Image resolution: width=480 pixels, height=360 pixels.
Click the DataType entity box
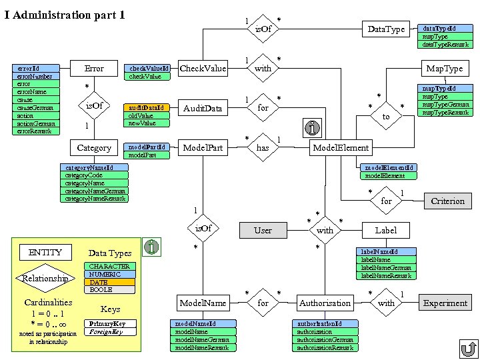[386, 29]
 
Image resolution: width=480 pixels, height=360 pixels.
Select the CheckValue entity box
[203, 68]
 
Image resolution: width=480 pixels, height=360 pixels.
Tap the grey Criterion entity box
[448, 201]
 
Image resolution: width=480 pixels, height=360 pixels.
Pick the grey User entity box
[263, 230]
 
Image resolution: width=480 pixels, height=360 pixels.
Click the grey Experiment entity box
[445, 303]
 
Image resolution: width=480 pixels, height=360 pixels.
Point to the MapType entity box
[445, 68]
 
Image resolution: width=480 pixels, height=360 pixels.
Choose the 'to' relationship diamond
[386, 116]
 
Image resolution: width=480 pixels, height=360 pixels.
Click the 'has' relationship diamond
[263, 147]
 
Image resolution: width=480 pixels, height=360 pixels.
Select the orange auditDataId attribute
[146, 108]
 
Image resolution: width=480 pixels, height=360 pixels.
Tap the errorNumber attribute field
[36, 76]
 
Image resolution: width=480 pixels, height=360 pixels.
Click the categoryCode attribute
[94, 175]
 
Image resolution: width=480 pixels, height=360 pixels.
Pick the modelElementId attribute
[389, 168]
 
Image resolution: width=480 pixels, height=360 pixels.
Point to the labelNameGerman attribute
[386, 267]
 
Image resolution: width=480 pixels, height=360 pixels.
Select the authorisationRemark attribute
[325, 348]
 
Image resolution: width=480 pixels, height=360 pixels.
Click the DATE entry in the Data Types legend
[109, 282]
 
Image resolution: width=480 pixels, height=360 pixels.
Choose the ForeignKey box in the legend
[110, 332]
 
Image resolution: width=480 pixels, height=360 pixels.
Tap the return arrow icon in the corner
[469, 349]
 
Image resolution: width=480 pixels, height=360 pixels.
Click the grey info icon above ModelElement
[312, 127]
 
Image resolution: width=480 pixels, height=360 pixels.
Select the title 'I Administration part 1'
[65, 15]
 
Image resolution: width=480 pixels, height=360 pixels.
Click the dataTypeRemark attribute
[445, 45]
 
